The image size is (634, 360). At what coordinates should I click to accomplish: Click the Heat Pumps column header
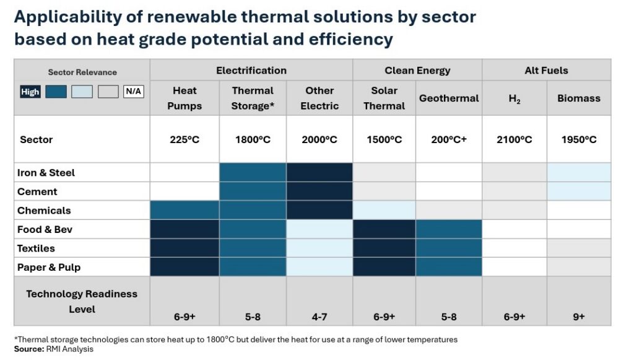click(185, 99)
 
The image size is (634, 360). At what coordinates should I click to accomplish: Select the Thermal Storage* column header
click(253, 99)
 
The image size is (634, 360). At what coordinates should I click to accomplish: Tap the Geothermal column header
click(449, 99)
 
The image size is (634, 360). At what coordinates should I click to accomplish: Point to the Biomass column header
click(579, 99)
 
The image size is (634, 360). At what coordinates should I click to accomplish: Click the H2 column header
click(515, 99)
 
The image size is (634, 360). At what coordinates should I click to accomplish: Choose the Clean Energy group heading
click(417, 71)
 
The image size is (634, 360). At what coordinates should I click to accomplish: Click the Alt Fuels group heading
click(546, 71)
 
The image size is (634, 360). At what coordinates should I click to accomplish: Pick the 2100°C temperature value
click(515, 139)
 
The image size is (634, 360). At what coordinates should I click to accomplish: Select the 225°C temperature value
click(185, 139)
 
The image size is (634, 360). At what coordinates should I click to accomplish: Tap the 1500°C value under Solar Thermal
click(384, 139)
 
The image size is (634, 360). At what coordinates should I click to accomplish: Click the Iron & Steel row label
click(46, 173)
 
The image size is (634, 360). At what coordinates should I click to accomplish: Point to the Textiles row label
click(36, 248)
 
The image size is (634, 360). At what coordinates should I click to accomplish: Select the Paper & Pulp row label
click(49, 268)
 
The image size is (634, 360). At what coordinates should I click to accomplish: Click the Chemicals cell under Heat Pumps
click(185, 210)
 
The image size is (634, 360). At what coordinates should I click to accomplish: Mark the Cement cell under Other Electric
click(319, 191)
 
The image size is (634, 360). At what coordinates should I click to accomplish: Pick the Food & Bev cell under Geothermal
click(449, 229)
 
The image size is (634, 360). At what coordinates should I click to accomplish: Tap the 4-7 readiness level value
click(319, 317)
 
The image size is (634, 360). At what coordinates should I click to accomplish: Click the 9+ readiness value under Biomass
click(579, 317)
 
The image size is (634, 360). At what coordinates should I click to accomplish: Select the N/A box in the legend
click(134, 92)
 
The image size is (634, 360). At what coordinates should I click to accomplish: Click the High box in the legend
click(30, 92)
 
